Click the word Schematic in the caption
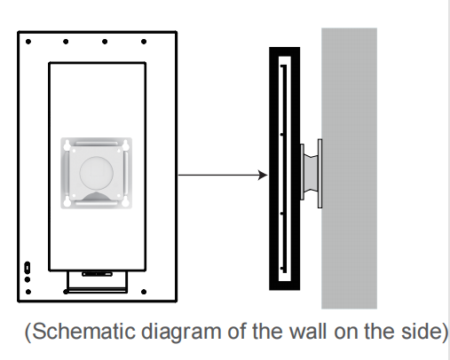[x=83, y=332]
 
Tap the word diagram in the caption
[x=181, y=333]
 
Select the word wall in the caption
[x=308, y=331]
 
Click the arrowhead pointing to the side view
[x=263, y=175]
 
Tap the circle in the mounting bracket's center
[x=96, y=173]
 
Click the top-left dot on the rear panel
[x=28, y=42]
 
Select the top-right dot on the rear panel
[x=144, y=42]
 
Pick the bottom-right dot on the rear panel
[x=144, y=292]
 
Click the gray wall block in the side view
[x=349, y=168]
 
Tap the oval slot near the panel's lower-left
[x=27, y=268]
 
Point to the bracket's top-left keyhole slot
[x=67, y=145]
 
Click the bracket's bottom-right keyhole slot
[x=125, y=201]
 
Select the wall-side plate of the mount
[x=320, y=174]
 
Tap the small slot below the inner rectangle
[x=97, y=274]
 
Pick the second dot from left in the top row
[x=66, y=42]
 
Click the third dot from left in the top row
[x=105, y=42]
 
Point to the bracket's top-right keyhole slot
[x=125, y=145]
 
